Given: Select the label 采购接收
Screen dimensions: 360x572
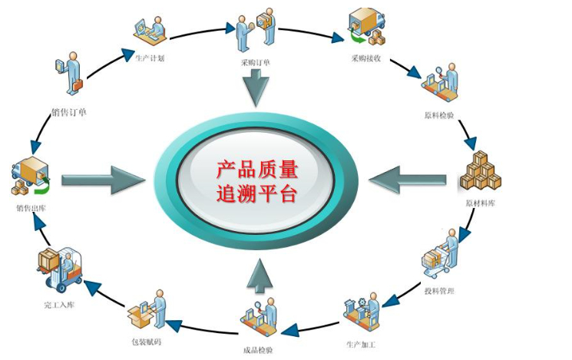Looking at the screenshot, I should pos(366,58).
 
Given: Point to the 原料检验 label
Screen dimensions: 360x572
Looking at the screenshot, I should pos(439,116).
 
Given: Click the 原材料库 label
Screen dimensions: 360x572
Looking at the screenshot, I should pos(482,204).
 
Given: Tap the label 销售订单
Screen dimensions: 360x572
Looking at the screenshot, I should pos(69,113).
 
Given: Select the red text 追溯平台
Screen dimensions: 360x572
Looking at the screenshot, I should pos(256,193).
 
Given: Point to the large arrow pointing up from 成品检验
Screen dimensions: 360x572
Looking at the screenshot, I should pos(258,277).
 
